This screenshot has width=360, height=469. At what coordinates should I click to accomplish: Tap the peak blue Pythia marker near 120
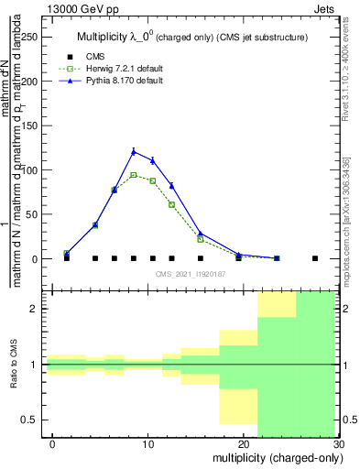pyautogui.click(x=134, y=151)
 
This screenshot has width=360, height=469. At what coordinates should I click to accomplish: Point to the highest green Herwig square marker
pyautogui.click(x=134, y=174)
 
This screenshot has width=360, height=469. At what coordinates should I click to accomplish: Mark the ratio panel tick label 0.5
pyautogui.click(x=34, y=420)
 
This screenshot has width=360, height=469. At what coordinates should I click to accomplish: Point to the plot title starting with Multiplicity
pyautogui.click(x=191, y=37)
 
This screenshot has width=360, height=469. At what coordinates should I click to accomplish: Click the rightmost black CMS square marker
pyautogui.click(x=315, y=258)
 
